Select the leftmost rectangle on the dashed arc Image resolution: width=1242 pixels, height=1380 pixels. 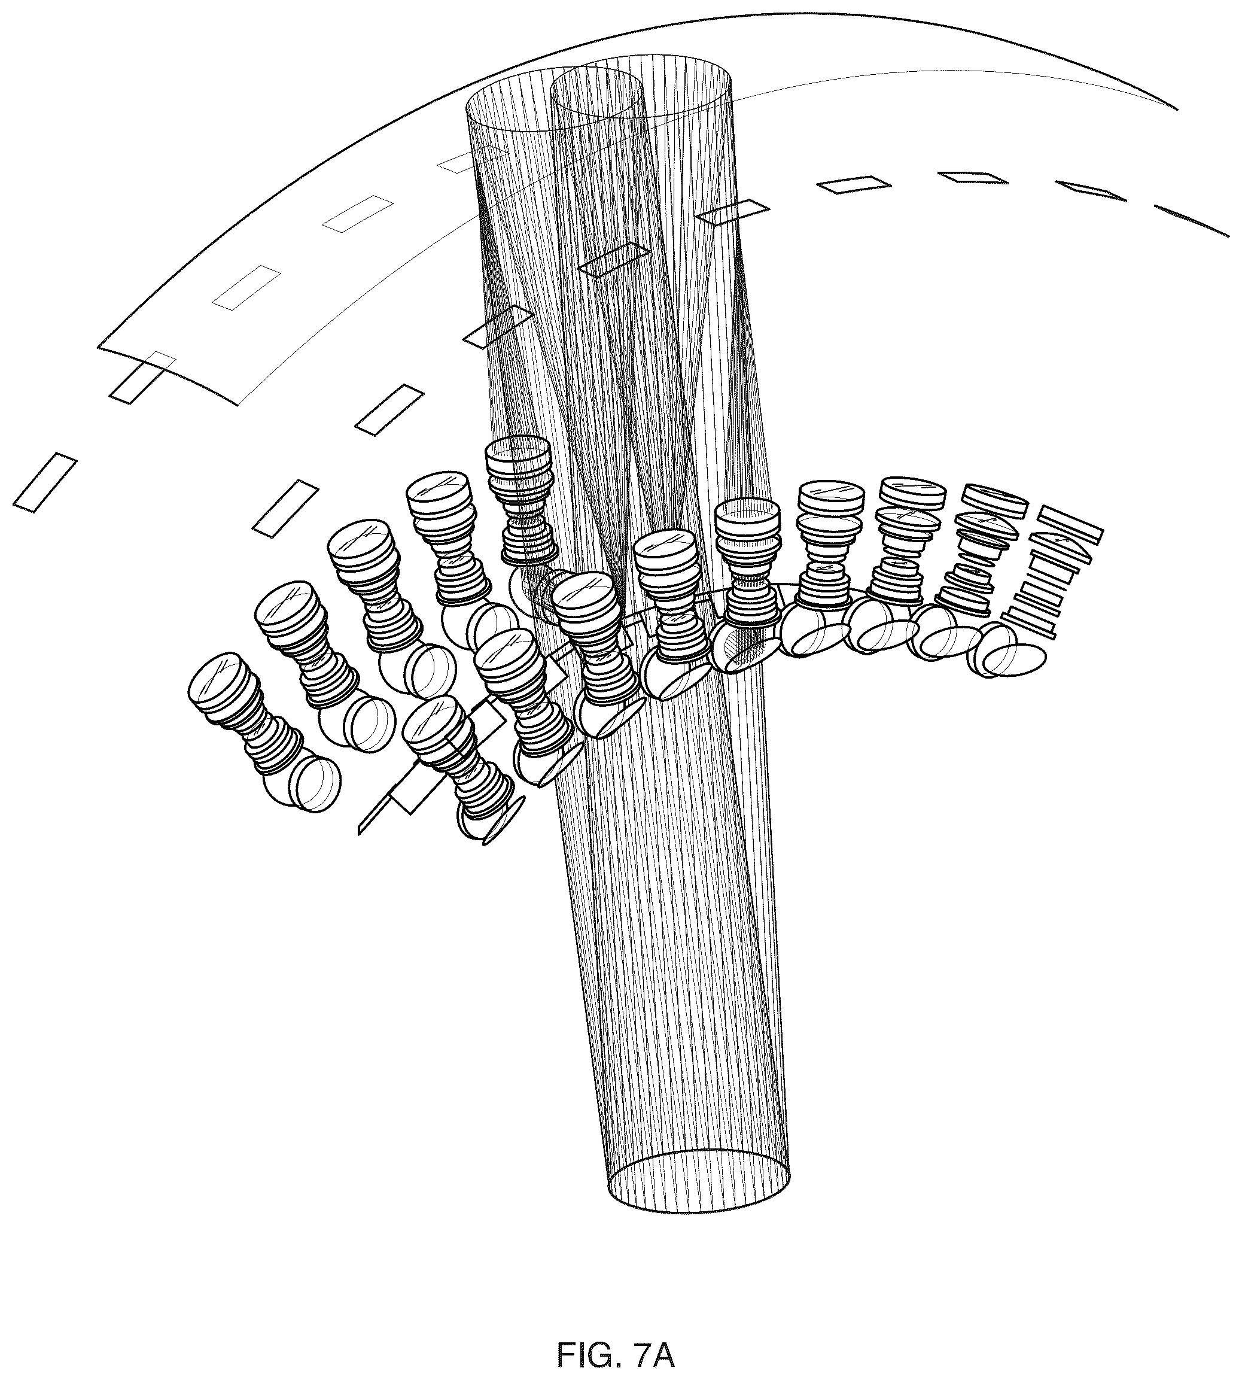44,482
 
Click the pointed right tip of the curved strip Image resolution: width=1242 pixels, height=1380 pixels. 1177,108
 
